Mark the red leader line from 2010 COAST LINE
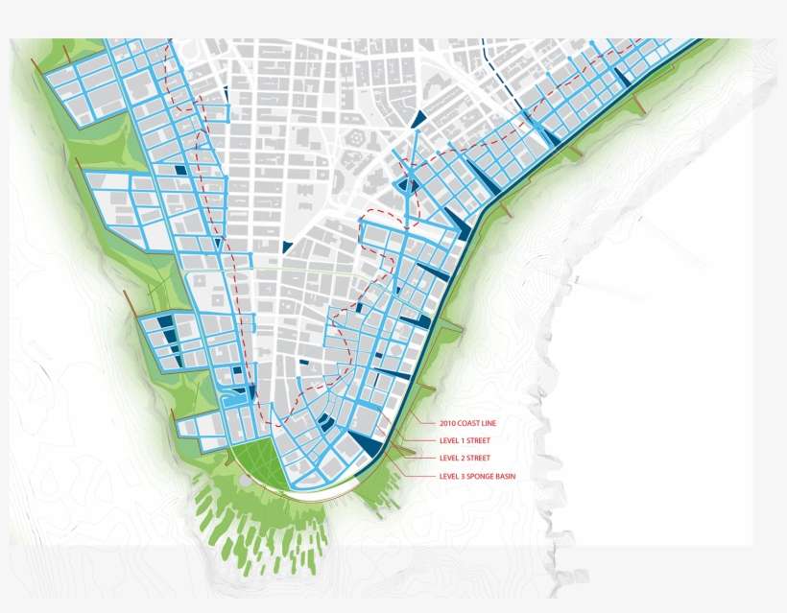422,420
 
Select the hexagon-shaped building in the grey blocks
356,138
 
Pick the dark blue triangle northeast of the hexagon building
418,119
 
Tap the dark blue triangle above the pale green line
287,248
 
